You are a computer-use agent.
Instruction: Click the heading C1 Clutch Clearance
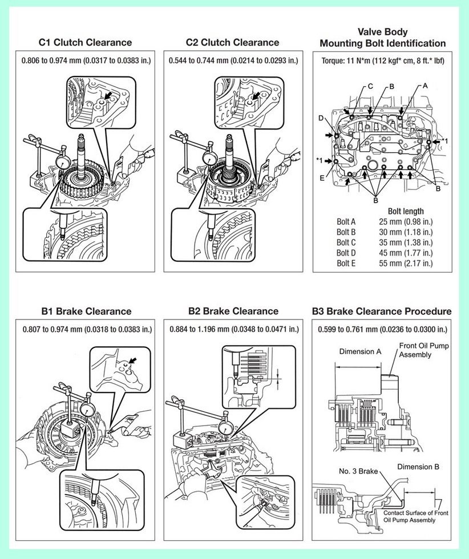click(85, 42)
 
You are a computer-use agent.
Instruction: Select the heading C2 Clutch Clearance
click(232, 42)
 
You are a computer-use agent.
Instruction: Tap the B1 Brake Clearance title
click(85, 311)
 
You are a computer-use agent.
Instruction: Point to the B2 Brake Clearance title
click(233, 311)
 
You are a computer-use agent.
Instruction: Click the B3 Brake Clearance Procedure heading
click(382, 311)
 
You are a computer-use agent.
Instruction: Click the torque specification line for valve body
click(382, 60)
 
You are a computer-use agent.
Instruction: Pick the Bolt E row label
click(346, 263)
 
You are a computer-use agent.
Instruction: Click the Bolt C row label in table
click(346, 242)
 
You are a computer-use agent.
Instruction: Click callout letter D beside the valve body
click(321, 118)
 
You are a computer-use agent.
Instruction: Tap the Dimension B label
click(418, 467)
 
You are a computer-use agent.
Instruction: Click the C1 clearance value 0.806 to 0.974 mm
click(86, 60)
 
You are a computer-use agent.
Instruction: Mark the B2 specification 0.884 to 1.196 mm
click(233, 329)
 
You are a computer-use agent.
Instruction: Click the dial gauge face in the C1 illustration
click(64, 161)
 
